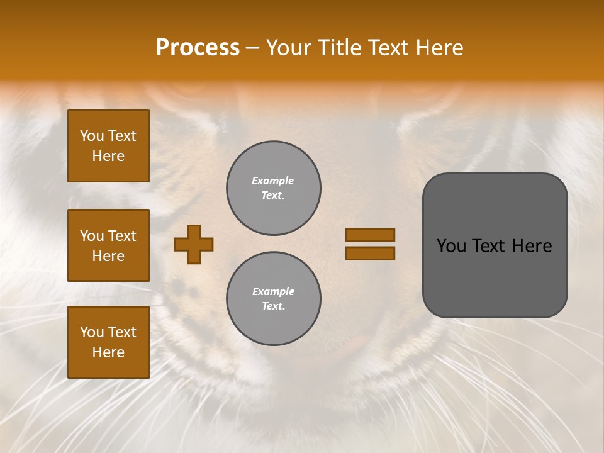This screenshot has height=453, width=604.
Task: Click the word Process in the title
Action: coord(198,48)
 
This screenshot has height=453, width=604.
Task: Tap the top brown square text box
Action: coord(108,146)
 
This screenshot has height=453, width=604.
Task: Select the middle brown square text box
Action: coord(108,245)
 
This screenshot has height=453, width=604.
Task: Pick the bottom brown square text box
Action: coord(108,342)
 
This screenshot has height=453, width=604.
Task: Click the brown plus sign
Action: coord(194,244)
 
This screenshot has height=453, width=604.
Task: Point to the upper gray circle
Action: coord(274,188)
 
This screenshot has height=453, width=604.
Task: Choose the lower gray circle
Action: coord(274,299)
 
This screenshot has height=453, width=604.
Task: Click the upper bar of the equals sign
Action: coord(370,235)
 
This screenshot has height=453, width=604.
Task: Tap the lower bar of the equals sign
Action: coord(370,254)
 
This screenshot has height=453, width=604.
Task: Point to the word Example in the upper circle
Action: coord(273,181)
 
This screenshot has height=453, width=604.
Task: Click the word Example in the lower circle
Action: coord(273,291)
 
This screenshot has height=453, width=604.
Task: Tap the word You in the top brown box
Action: coord(91,136)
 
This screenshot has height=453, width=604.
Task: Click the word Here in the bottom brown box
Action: coord(108,352)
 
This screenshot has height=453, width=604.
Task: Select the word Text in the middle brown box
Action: coord(122,236)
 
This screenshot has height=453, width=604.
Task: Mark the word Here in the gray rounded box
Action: coord(532,246)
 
